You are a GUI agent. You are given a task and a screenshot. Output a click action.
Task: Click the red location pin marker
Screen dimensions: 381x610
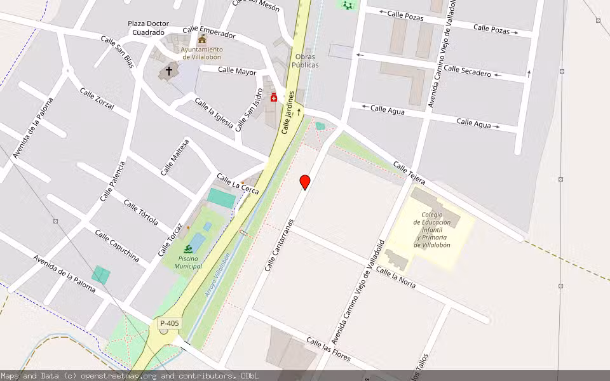click(305, 182)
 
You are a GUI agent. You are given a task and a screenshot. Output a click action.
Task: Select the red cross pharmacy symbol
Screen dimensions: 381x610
click(274, 97)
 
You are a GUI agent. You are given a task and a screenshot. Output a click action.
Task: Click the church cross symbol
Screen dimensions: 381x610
click(169, 71)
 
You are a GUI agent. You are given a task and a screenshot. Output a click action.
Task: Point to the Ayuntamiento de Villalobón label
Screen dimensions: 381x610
click(201, 53)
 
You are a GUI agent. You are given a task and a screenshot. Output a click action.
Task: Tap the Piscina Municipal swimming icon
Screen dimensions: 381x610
click(189, 249)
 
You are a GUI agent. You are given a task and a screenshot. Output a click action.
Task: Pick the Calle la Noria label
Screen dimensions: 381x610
click(395, 277)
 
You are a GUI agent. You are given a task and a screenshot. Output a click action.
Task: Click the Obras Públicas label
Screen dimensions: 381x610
click(305, 61)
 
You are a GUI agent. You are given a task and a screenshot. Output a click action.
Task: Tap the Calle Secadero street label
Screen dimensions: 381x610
click(467, 71)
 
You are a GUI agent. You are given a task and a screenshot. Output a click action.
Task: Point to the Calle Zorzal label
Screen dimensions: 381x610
click(97, 99)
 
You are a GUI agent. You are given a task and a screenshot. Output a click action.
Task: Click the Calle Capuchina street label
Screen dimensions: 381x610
click(117, 245)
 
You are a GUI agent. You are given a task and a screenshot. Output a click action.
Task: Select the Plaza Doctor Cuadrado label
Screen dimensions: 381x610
click(148, 28)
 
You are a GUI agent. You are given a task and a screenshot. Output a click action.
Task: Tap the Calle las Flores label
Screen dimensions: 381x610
click(328, 349)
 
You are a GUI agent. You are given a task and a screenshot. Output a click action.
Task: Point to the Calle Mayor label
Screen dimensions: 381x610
click(237, 71)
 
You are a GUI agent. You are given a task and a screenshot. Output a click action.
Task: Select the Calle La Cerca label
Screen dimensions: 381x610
click(238, 184)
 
